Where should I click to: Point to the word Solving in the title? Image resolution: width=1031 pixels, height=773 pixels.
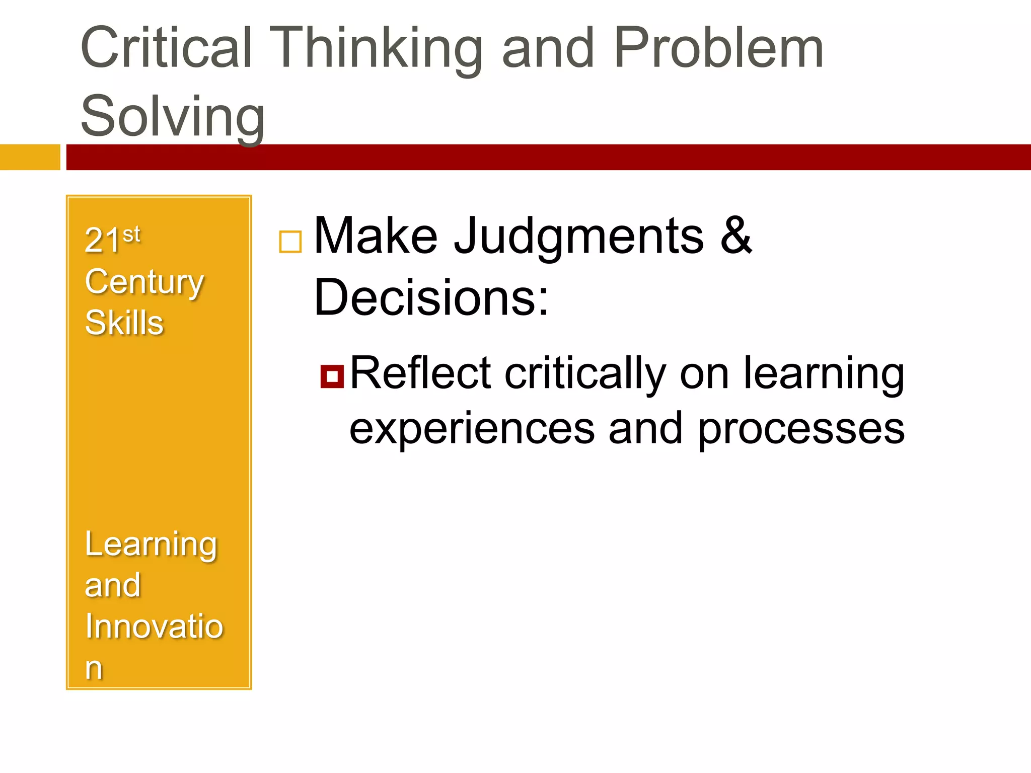point(173,117)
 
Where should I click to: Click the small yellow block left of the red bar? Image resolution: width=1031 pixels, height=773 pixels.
point(30,157)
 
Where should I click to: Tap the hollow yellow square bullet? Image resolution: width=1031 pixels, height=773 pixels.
point(290,242)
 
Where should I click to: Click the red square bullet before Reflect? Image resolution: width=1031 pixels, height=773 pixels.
point(332,376)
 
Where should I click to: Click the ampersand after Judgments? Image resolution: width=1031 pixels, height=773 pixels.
point(736,235)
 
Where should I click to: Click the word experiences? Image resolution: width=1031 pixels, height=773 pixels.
point(472,429)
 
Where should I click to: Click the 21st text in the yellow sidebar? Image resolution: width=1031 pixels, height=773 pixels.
point(112,239)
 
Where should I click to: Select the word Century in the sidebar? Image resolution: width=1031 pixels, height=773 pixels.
point(144,282)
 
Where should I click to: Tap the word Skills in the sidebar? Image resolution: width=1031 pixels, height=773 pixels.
point(124,323)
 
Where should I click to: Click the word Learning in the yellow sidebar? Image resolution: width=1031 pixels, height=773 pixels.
point(151,545)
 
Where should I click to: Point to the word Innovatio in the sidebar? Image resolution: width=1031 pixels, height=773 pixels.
point(154,627)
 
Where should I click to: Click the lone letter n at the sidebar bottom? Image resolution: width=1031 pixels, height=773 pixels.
point(94,668)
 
